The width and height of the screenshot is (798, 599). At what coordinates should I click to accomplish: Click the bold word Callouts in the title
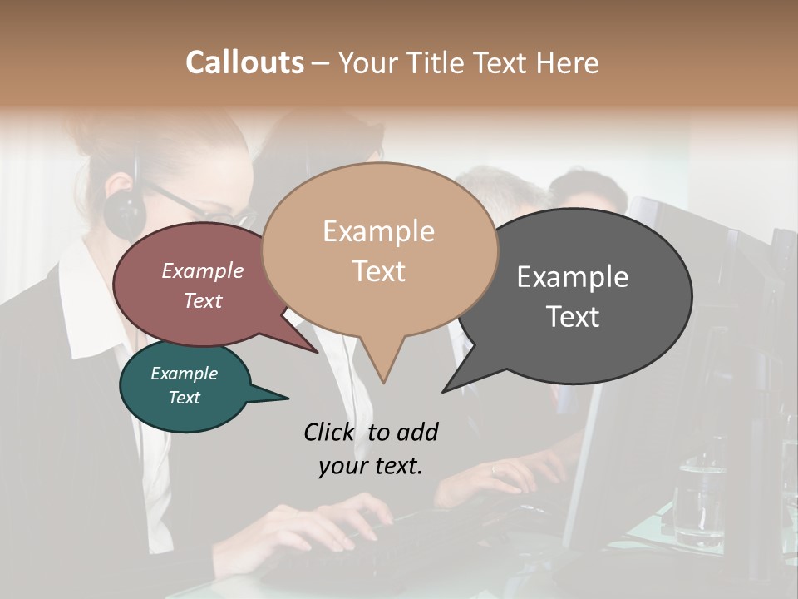click(244, 62)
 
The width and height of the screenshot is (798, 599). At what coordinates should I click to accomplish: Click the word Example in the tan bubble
click(378, 231)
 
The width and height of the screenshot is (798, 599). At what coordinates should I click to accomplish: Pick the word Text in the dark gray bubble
click(573, 317)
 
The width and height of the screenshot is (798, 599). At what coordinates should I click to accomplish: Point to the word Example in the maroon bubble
click(202, 270)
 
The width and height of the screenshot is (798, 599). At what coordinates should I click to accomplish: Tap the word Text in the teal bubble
click(184, 398)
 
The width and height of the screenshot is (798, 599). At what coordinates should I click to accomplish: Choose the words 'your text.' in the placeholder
click(370, 466)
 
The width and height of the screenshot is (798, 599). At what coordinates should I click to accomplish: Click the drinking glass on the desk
click(697, 500)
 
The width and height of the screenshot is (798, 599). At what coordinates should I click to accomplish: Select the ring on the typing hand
click(493, 469)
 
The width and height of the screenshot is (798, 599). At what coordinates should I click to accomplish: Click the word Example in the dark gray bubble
click(573, 277)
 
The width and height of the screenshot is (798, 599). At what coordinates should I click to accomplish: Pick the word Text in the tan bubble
click(378, 271)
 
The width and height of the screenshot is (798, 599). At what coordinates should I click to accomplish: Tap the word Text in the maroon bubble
click(202, 301)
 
